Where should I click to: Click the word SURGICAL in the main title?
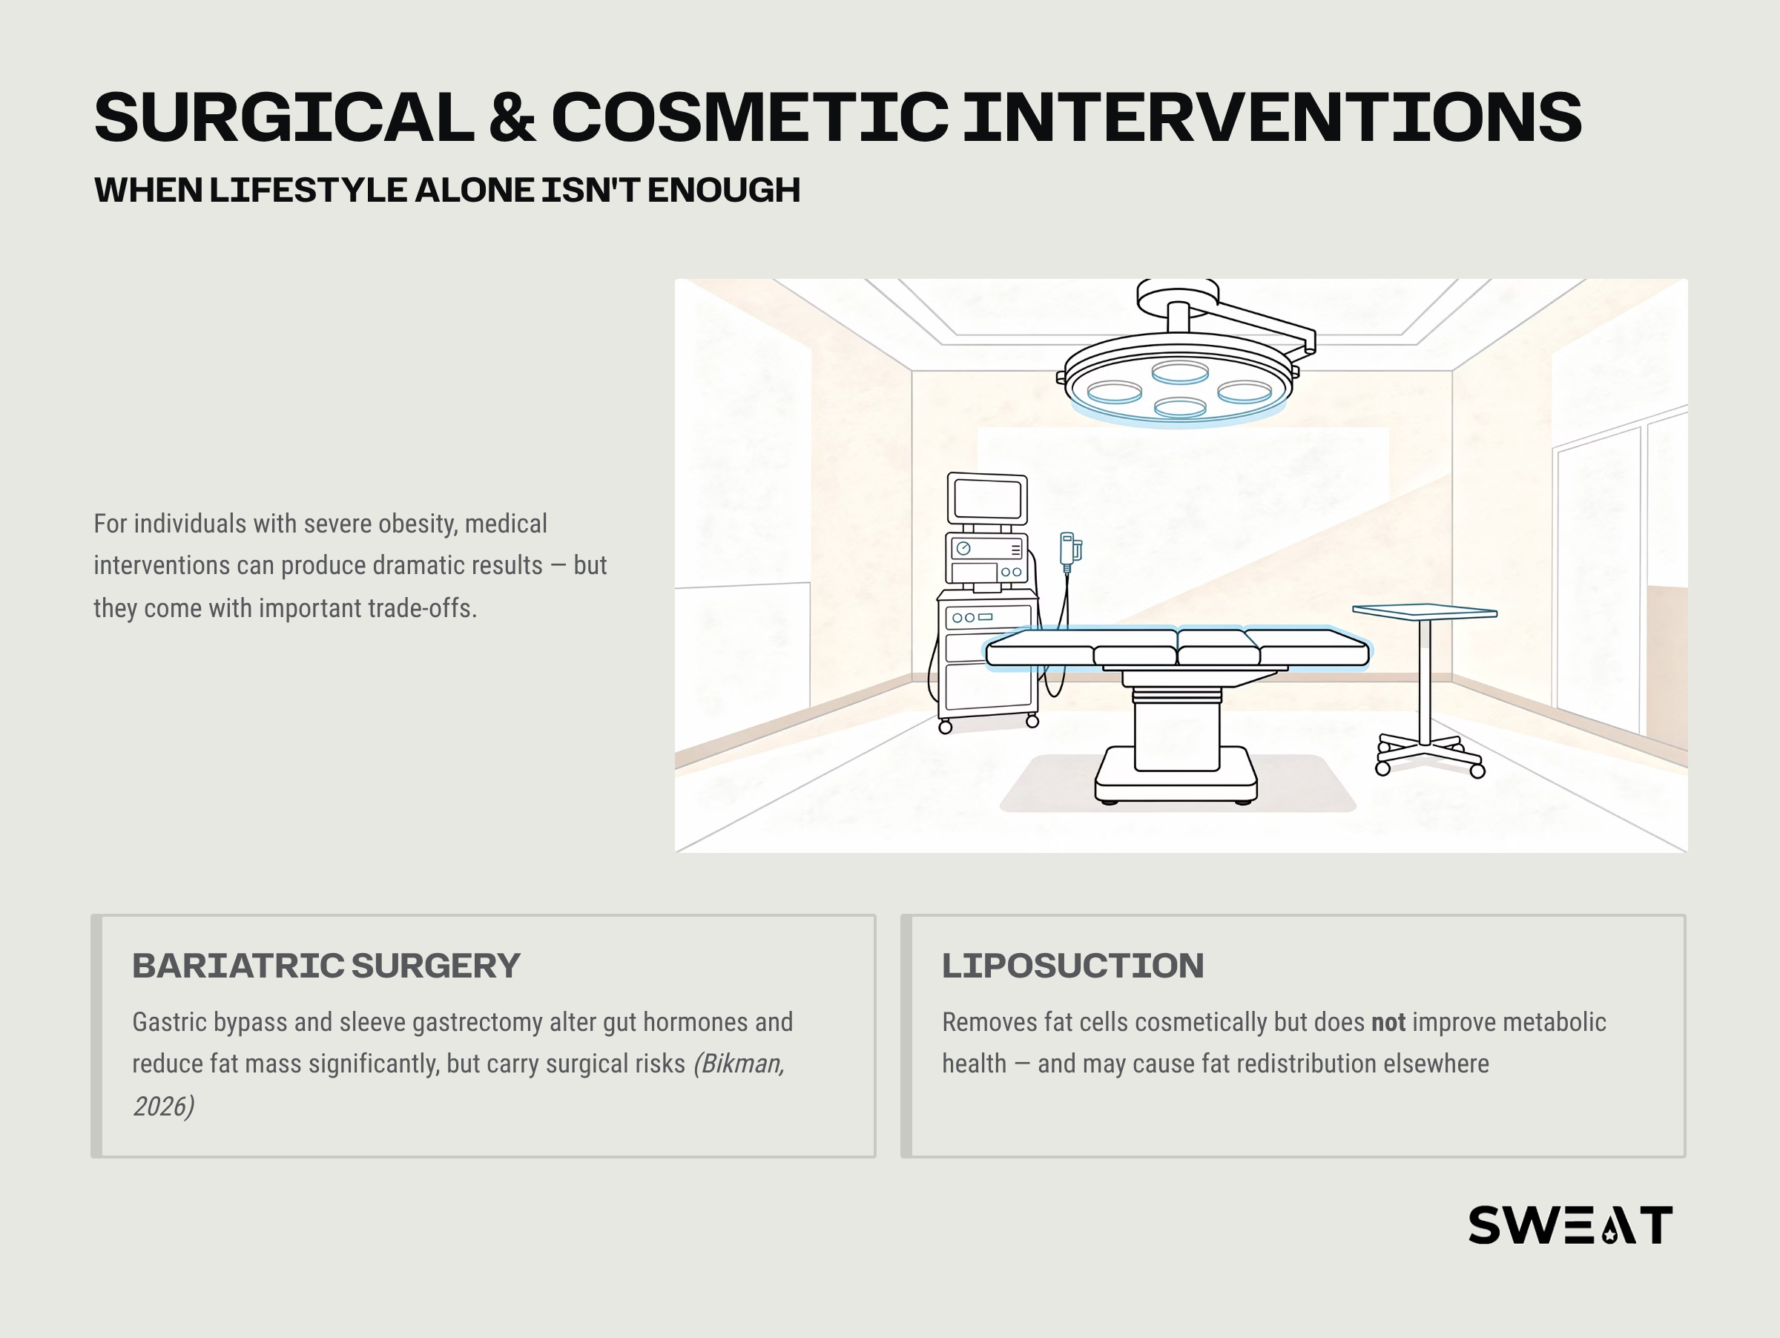284,117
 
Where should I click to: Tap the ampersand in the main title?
512,117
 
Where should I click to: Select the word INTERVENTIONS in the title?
1272,117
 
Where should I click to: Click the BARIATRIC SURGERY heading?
326,966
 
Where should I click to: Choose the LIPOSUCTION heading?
1072,966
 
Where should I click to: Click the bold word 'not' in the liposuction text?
1388,1022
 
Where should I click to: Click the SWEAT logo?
1570,1225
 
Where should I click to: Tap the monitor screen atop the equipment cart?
987,499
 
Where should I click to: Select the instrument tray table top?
1424,611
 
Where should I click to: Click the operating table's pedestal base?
1176,774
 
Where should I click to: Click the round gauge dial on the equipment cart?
963,549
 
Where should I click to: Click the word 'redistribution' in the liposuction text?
1316,1064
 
